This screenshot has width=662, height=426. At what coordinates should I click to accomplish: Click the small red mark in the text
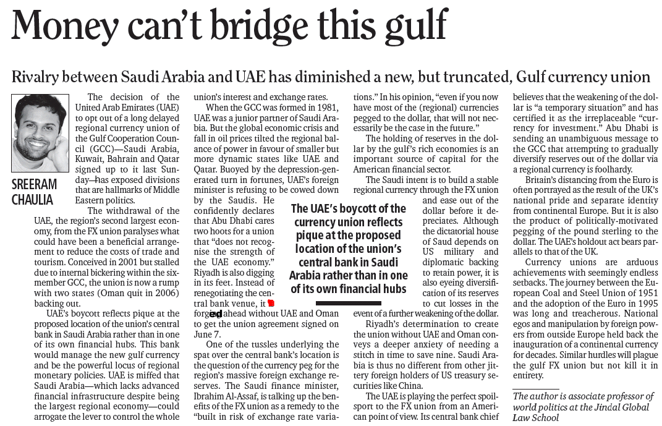tap(271, 303)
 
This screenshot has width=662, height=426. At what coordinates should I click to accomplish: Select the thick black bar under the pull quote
tap(347, 303)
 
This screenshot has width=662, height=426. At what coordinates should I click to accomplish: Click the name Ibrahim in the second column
tap(211, 396)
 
